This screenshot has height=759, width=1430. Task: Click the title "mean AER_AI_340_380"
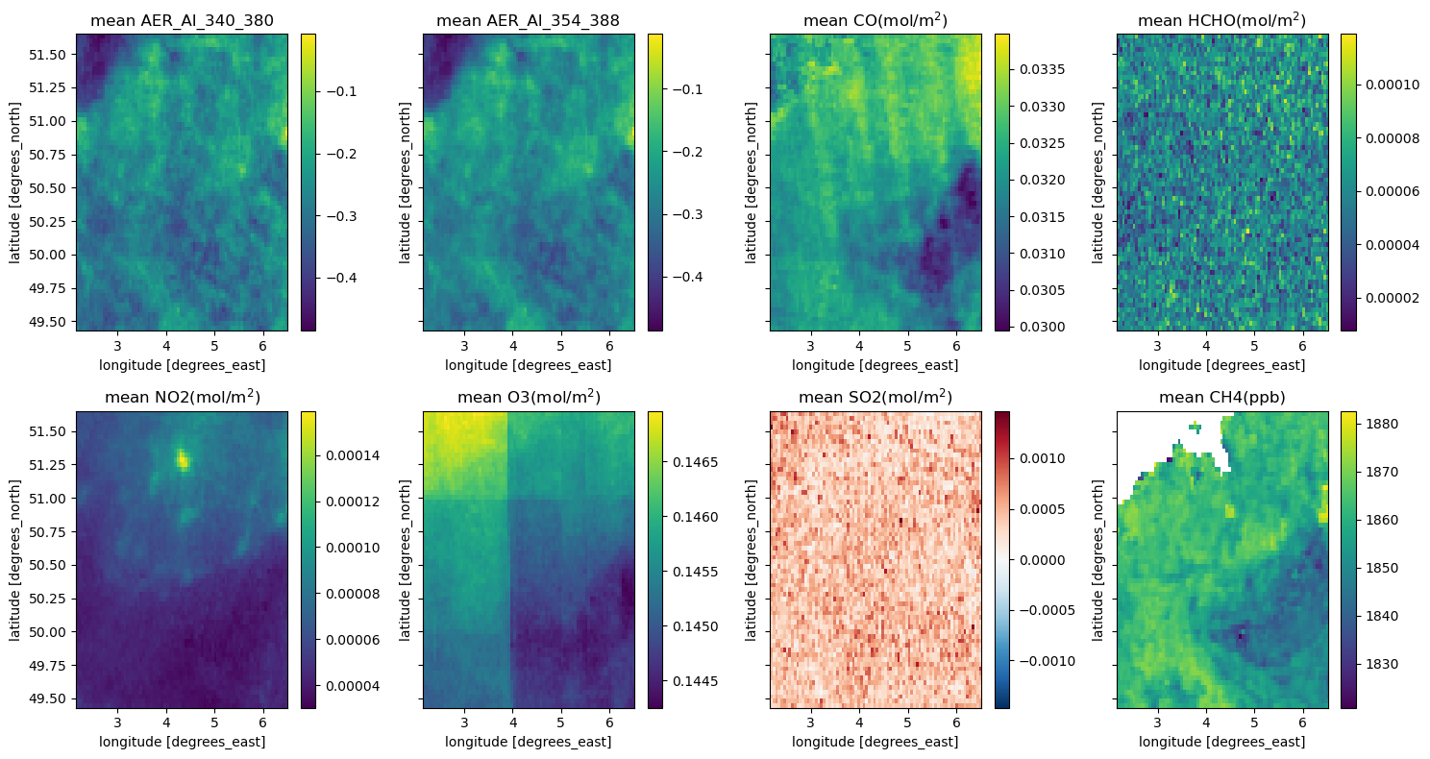(x=182, y=21)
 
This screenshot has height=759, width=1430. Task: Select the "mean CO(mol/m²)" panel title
(x=875, y=20)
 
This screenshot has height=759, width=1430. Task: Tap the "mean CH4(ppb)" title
(x=1221, y=398)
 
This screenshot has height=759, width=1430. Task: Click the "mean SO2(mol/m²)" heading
(x=875, y=397)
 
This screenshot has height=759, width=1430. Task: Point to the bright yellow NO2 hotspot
(x=183, y=459)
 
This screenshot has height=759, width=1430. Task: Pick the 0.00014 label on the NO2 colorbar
(x=353, y=455)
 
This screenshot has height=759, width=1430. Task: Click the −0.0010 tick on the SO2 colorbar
(x=1043, y=661)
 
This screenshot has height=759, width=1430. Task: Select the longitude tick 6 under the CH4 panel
(x=1303, y=722)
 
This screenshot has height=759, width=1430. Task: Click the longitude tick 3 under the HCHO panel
(x=1157, y=346)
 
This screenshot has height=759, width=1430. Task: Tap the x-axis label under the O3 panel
(x=529, y=742)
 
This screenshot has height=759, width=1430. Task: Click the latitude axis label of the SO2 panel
(x=751, y=560)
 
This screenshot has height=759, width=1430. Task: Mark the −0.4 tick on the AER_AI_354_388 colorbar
(x=687, y=277)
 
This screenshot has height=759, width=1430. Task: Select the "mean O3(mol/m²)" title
(x=529, y=397)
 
